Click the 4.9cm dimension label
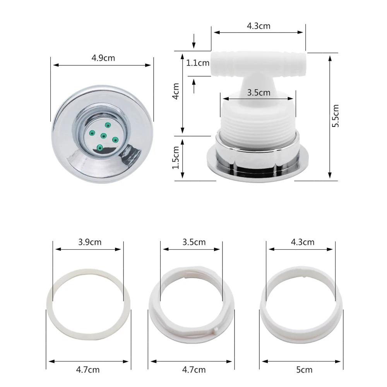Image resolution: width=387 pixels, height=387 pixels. click(x=103, y=58)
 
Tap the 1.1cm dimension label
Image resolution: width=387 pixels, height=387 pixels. click(x=197, y=63)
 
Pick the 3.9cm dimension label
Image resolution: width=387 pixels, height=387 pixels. click(x=90, y=242)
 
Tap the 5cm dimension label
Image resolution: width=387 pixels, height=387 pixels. click(x=304, y=370)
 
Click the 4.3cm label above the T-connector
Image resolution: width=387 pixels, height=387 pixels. click(x=259, y=26)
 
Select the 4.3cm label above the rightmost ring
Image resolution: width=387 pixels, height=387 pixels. click(x=302, y=242)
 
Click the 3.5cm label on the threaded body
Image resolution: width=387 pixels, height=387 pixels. click(x=259, y=93)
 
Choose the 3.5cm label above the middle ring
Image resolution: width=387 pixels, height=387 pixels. click(x=194, y=242)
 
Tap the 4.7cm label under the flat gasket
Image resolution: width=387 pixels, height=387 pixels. click(x=88, y=370)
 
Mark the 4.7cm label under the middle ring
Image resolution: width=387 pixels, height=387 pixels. click(x=194, y=370)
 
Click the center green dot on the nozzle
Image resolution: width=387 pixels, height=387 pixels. click(x=103, y=135)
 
